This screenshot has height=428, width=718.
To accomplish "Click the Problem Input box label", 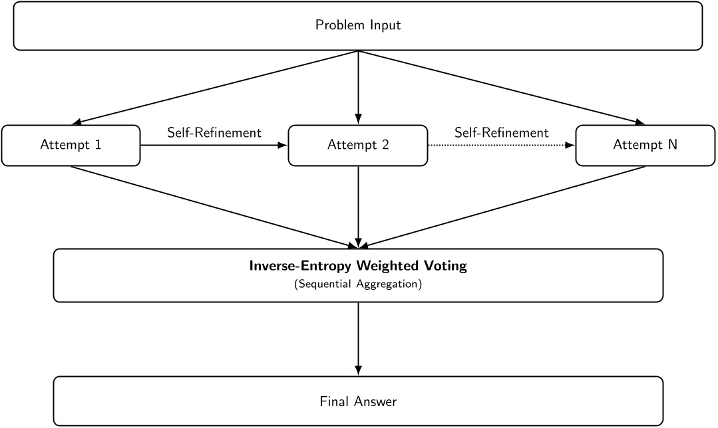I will (x=358, y=26).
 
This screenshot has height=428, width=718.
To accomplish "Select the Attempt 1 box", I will (x=71, y=145).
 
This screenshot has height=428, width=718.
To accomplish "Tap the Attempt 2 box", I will (x=358, y=145).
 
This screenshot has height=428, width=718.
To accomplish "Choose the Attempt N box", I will (x=645, y=145).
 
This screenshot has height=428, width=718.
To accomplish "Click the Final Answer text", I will (x=358, y=401).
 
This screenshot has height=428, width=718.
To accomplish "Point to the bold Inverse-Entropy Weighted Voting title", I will (x=358, y=267).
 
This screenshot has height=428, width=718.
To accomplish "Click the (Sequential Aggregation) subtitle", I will (x=358, y=284).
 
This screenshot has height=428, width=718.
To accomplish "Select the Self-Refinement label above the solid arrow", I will (x=214, y=133).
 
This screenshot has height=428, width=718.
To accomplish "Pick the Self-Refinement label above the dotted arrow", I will (x=501, y=133).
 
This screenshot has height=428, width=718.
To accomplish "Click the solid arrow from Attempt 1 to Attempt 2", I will (x=214, y=145).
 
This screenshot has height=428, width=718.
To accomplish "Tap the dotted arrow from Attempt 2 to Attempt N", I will (x=501, y=145).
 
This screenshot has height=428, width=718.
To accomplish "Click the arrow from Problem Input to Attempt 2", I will (x=359, y=86).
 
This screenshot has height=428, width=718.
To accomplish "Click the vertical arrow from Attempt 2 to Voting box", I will (x=359, y=206).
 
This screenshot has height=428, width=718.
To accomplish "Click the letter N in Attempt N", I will (x=672, y=145).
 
